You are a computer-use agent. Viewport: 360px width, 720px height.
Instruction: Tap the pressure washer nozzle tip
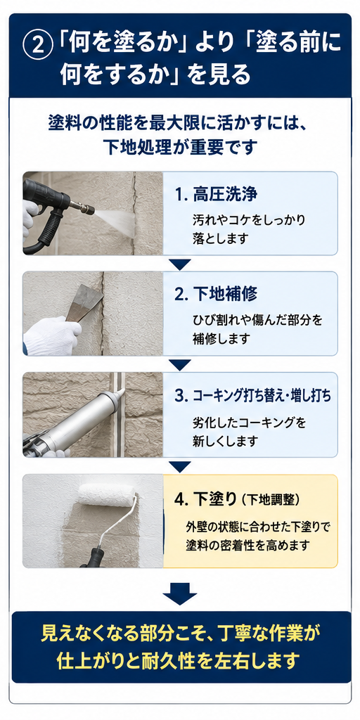(x=90, y=210)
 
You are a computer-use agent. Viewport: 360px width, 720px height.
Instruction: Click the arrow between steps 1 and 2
(x=180, y=264)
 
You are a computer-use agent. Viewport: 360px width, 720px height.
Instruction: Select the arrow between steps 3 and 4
(x=180, y=467)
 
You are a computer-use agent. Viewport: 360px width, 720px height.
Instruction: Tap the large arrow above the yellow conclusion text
(x=180, y=591)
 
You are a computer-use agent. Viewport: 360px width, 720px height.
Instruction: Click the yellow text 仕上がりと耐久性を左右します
(x=180, y=661)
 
